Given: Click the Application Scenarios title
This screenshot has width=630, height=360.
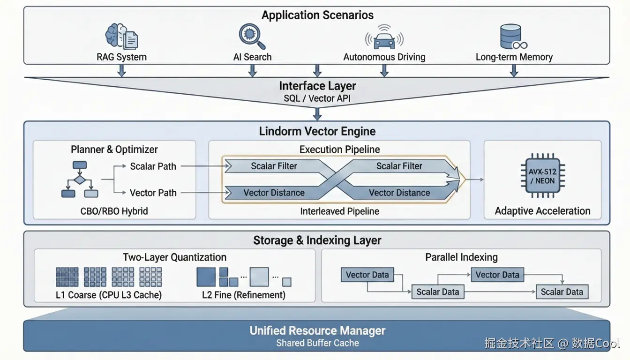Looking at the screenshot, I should pos(317,15).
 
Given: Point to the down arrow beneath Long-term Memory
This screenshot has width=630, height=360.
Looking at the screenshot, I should pos(514,70).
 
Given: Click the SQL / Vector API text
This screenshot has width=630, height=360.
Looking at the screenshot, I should pos(317,98).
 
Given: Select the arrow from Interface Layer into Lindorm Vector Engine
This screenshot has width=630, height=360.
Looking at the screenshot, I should pos(317,114).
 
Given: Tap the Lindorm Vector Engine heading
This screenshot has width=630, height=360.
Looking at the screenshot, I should pos(317,131).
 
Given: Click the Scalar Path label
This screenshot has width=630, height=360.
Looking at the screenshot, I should pos(153,166).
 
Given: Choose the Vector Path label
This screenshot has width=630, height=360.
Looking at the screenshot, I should pos(153,193).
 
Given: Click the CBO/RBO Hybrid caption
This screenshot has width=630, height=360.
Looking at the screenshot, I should pos(114,211).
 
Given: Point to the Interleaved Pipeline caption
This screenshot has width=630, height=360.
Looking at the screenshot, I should pos(339,211).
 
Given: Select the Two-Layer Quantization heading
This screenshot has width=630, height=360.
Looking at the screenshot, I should pos(174,257).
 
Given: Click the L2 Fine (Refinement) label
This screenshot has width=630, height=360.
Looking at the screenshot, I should pos(243,295).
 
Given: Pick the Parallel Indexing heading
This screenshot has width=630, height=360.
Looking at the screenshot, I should pos(461,257).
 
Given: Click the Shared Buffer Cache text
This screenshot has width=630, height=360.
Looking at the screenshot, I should pos(317,343).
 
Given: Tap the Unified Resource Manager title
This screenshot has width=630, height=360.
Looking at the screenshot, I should pos(317,330).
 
